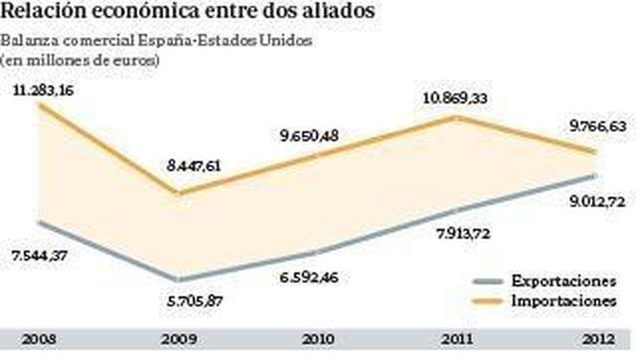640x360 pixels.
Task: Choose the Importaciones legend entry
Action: click(563, 299)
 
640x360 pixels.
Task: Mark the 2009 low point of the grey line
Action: click(177, 280)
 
